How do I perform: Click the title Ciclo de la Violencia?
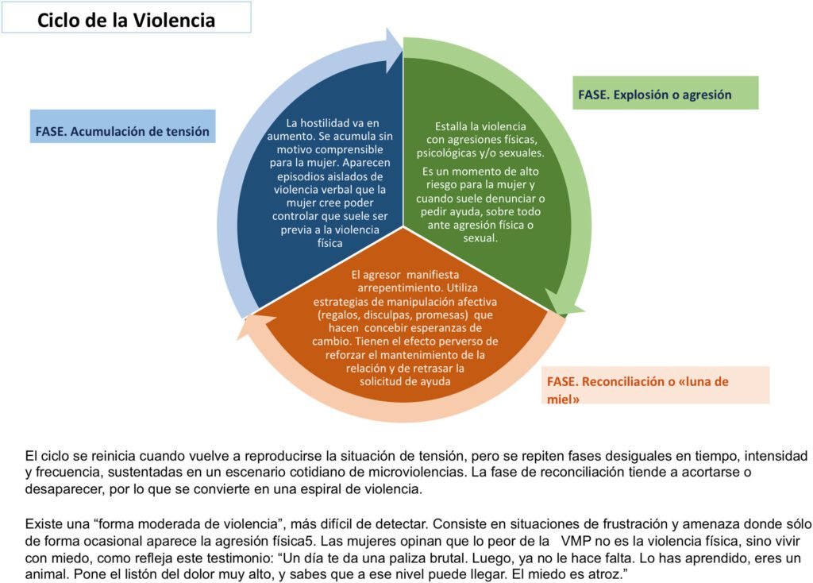[126, 20]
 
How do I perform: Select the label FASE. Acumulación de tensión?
[122, 131]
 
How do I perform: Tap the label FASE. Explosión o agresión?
[655, 95]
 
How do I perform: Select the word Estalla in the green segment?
[453, 125]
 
